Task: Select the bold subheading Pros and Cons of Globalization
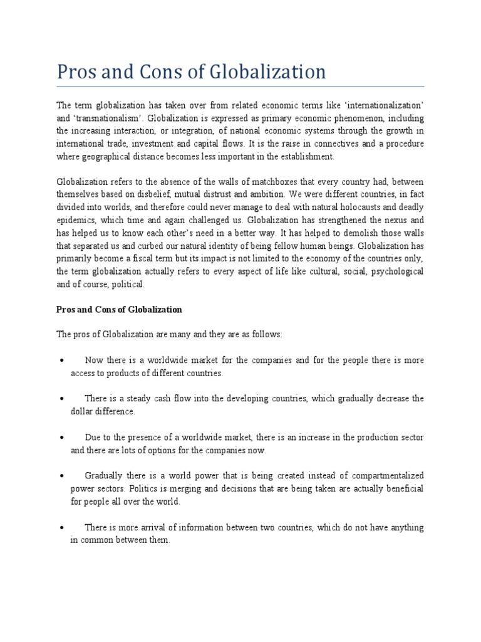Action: [x=119, y=310]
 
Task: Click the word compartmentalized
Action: [x=384, y=476]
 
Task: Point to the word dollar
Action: [x=82, y=412]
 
